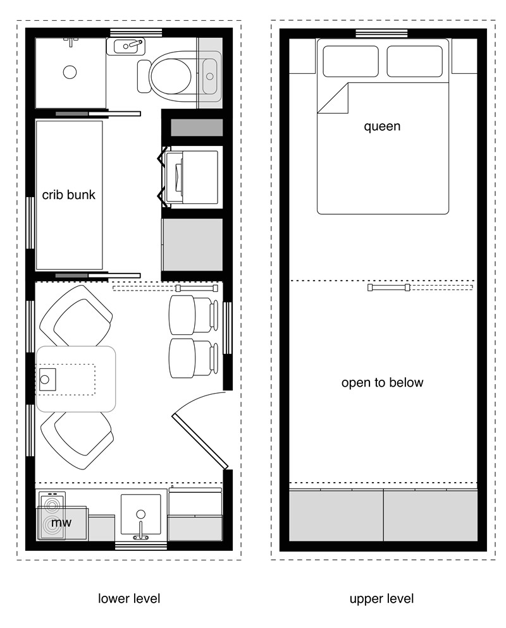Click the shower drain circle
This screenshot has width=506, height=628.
tap(70, 72)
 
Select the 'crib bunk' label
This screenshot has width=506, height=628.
tap(69, 195)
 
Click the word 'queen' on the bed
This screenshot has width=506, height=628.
tap(382, 126)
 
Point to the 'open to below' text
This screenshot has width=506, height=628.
tap(382, 383)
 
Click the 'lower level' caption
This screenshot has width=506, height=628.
tap(129, 598)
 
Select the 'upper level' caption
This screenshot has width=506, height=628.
tap(382, 598)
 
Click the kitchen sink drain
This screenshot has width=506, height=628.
tap(140, 514)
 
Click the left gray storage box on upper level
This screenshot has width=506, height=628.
tap(336, 515)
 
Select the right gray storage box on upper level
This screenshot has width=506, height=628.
tap(430, 515)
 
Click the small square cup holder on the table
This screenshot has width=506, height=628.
tap(46, 380)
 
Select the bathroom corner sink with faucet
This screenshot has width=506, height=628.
tap(129, 45)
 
